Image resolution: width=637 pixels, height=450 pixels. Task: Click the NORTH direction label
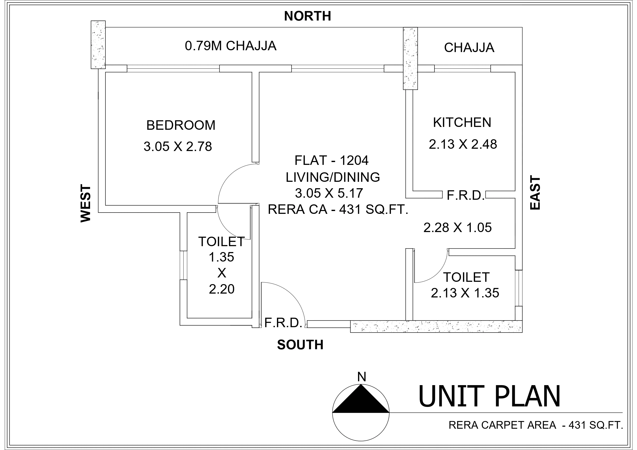click(x=307, y=16)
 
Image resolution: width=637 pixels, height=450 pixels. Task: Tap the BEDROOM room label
click(x=181, y=125)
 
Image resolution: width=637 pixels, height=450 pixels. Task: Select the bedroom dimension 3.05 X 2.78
click(x=178, y=147)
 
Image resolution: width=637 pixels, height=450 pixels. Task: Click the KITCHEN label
click(x=462, y=123)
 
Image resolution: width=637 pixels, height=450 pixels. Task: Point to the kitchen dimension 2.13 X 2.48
click(x=463, y=144)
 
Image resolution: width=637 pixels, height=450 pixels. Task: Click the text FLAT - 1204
click(x=331, y=161)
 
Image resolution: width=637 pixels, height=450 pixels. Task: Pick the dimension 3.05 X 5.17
click(x=329, y=193)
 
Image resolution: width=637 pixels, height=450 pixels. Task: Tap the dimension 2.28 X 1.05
click(x=458, y=228)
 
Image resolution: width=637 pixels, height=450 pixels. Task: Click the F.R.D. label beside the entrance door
click(x=283, y=323)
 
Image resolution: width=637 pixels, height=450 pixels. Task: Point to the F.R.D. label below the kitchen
click(x=466, y=196)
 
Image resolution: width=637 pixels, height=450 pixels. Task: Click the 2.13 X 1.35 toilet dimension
click(x=465, y=293)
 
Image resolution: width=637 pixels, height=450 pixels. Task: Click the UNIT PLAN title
click(x=489, y=397)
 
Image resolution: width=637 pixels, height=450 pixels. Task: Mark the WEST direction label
click(x=86, y=204)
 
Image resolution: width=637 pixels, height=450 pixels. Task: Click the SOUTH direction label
click(x=300, y=345)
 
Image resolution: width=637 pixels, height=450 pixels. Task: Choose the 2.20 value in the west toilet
click(x=222, y=289)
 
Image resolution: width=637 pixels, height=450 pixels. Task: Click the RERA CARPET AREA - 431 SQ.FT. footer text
click(x=535, y=425)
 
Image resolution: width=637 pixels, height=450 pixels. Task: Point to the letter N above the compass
click(x=362, y=377)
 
